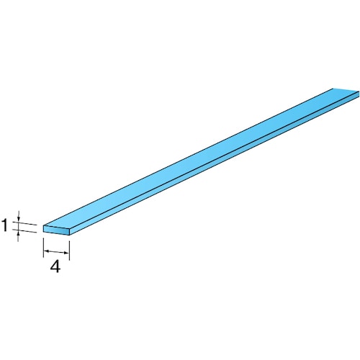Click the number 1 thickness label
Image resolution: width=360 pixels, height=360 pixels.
coord(5,226)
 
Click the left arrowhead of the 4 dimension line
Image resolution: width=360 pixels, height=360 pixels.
coord(46,251)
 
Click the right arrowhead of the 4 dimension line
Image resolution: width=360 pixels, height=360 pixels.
coord(66,253)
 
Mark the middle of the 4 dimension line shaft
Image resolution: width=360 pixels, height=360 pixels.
coord(56,252)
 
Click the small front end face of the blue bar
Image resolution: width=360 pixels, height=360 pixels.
coord(56,230)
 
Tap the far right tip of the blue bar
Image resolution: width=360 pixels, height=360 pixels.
coord(357,92)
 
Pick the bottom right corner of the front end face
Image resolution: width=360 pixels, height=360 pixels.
coord(69,235)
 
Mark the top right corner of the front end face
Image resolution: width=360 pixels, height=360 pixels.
coord(70,228)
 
